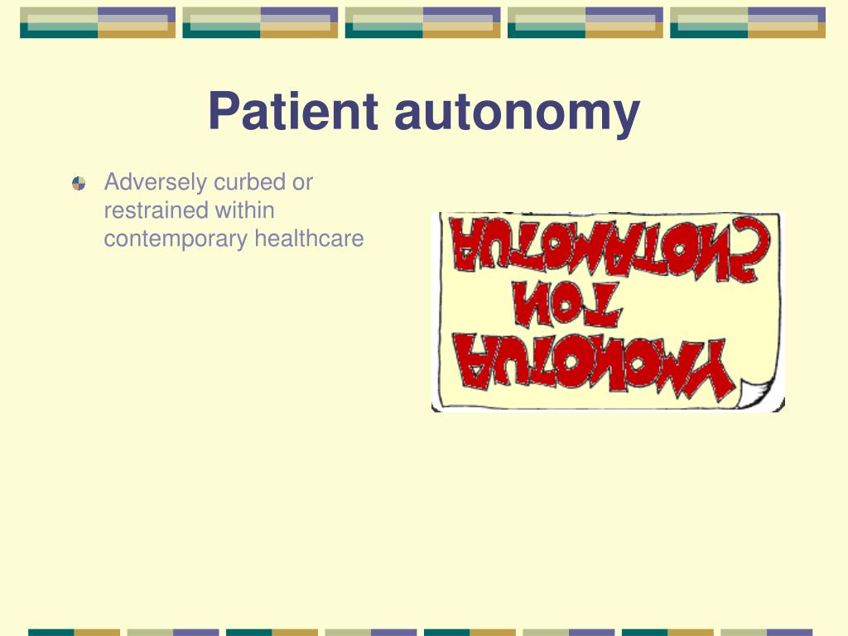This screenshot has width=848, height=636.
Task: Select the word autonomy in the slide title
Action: pyautogui.click(x=517, y=113)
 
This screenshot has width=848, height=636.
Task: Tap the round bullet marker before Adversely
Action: pyautogui.click(x=79, y=183)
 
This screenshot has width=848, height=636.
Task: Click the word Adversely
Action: pyautogui.click(x=156, y=182)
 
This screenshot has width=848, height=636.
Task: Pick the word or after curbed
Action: pyautogui.click(x=302, y=182)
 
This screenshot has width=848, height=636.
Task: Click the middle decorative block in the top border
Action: pyautogui.click(x=422, y=22)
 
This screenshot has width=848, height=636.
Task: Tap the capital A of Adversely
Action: pyautogui.click(x=112, y=182)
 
